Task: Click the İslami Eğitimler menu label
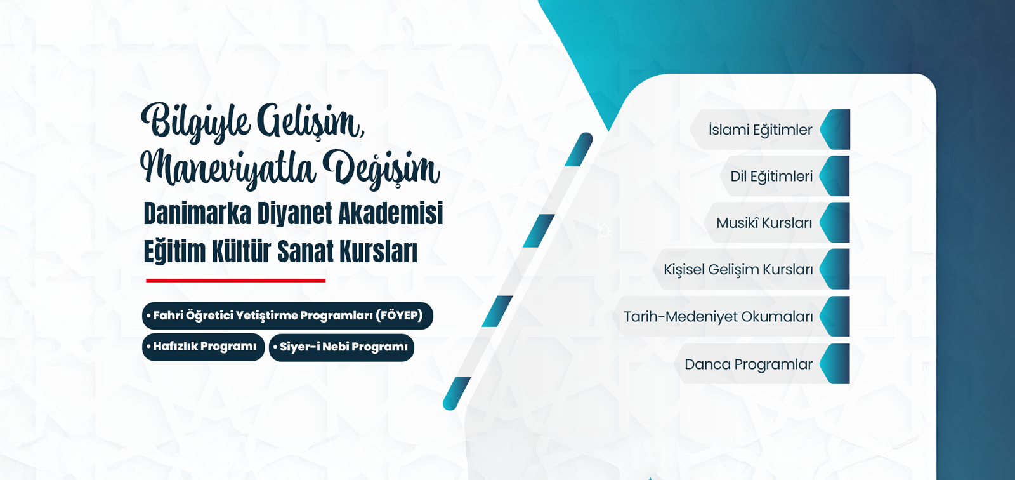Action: (761, 130)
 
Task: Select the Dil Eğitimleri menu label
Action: (771, 177)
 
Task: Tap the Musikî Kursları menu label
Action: (764, 223)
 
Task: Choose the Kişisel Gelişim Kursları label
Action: (738, 269)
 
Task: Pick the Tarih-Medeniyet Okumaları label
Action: (718, 317)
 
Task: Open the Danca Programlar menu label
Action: (749, 364)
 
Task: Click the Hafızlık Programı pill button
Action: (203, 347)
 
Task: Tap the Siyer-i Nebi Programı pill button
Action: (341, 347)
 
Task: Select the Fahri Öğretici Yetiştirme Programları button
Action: (287, 316)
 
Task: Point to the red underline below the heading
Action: (235, 281)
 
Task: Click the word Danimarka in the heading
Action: (197, 213)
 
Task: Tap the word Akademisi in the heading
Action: (391, 213)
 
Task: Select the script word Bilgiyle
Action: (195, 122)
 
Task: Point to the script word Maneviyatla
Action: (228, 170)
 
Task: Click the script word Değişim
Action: (381, 170)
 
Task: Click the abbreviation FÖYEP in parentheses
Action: (399, 316)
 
